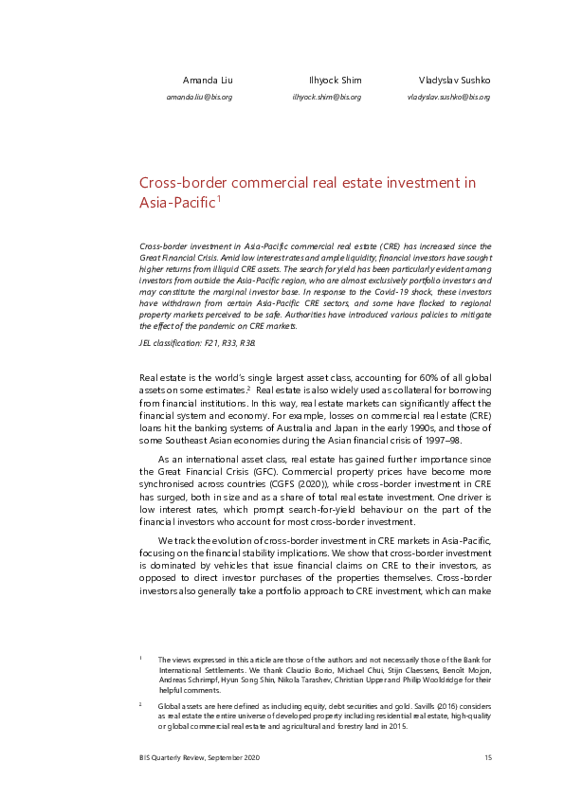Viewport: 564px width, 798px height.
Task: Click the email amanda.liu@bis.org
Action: [x=199, y=97]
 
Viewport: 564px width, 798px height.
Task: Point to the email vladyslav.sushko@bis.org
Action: [x=448, y=97]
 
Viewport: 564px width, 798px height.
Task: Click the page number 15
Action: [x=487, y=757]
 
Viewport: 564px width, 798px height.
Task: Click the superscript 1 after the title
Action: [x=219, y=198]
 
